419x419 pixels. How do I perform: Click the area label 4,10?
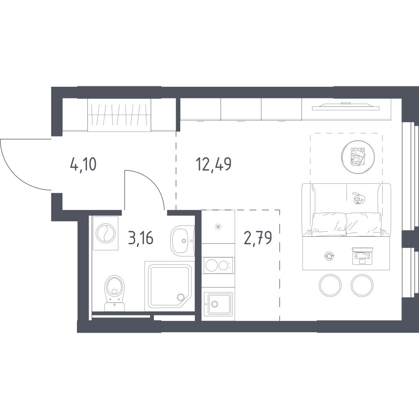point(84,164)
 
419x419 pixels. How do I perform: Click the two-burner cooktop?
point(217,265)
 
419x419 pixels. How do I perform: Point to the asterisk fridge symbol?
point(217,228)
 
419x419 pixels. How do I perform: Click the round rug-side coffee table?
point(356,154)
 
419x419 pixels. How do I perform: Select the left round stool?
point(331,285)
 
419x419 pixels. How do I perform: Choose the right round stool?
point(362,285)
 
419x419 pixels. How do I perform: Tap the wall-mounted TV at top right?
point(345,107)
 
